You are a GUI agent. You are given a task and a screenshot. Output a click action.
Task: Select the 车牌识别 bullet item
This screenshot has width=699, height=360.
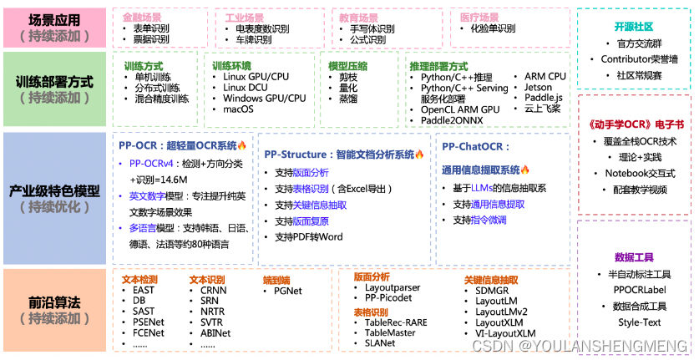coord(253,39)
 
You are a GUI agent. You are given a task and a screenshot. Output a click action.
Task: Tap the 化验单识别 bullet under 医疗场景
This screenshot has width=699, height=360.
coord(492,28)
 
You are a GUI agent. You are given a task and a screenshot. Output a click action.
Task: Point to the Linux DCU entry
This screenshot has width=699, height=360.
coord(246,88)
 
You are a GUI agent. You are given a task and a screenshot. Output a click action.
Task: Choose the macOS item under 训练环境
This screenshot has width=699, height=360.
coord(238,109)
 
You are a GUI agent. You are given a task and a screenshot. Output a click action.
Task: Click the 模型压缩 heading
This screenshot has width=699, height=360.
coord(349,65)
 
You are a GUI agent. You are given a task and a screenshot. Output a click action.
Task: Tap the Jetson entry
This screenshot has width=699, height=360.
coord(539,87)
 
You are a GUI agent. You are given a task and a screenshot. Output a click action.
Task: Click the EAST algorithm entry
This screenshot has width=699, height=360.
coord(144,291)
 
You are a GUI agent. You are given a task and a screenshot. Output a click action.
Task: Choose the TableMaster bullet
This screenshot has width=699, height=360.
coord(389,332)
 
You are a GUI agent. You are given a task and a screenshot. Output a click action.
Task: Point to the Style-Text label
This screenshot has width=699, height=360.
coord(639,322)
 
